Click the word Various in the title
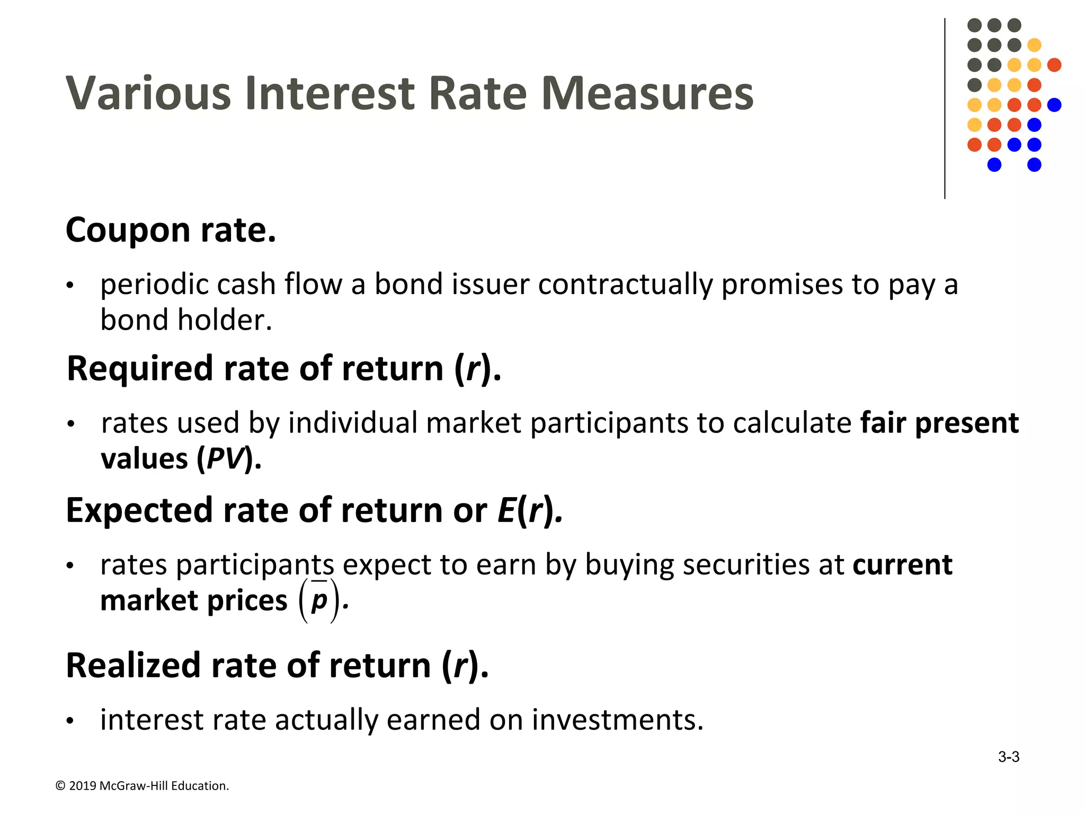[x=148, y=94]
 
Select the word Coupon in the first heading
[x=127, y=231]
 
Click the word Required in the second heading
[x=139, y=369]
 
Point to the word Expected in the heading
[x=139, y=511]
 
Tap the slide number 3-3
[x=1008, y=757]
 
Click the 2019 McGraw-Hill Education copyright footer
[x=143, y=786]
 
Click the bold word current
[x=902, y=565]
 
